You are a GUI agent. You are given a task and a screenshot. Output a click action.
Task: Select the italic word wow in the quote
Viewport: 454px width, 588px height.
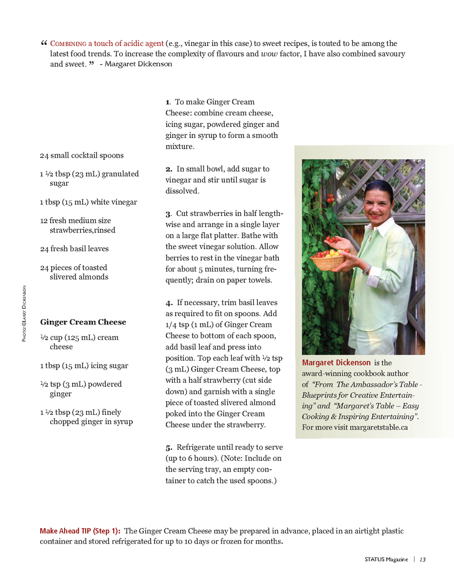(x=268, y=53)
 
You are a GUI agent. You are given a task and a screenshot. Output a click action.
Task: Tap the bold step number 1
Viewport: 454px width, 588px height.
(x=167, y=102)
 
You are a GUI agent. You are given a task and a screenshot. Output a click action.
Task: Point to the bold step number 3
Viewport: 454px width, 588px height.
(x=168, y=214)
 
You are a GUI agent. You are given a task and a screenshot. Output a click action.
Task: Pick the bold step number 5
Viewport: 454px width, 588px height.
(x=168, y=447)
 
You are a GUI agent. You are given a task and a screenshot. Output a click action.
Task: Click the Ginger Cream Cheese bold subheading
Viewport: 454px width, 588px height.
(x=83, y=322)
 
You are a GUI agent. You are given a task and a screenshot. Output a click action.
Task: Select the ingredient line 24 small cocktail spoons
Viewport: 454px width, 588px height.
(x=81, y=155)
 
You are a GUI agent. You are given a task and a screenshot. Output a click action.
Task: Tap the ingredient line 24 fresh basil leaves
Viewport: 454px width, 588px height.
(x=74, y=249)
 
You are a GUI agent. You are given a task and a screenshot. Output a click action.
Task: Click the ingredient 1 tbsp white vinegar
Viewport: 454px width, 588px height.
(x=88, y=202)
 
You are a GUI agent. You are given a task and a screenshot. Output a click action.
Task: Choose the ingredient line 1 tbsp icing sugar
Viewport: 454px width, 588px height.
(x=84, y=366)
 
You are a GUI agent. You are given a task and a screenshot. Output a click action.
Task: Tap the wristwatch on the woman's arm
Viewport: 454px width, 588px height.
(x=366, y=270)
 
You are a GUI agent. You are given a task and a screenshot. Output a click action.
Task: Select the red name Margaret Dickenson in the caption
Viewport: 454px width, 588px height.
(x=336, y=362)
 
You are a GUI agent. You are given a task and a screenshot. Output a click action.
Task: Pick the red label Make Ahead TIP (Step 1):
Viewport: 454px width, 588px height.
(x=80, y=531)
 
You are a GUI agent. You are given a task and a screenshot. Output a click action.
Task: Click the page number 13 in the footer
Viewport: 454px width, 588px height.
(x=422, y=559)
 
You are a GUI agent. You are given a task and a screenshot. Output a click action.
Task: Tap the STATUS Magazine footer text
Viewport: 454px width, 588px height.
(x=386, y=559)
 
